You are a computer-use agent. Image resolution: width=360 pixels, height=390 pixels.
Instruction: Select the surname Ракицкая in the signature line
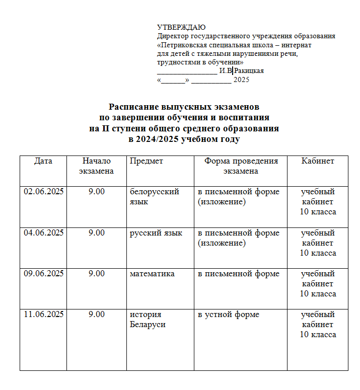click(x=246, y=71)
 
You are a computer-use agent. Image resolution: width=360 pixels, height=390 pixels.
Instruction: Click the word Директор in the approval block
click(x=172, y=36)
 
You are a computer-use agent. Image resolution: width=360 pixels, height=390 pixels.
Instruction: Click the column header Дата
click(x=43, y=161)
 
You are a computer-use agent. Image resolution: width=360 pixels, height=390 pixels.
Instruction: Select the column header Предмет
click(x=146, y=161)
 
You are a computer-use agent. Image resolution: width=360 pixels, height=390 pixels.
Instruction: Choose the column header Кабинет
click(x=318, y=161)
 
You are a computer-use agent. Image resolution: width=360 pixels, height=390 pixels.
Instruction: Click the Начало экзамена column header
click(x=96, y=166)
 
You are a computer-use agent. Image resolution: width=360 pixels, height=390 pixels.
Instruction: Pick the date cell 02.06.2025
click(x=44, y=192)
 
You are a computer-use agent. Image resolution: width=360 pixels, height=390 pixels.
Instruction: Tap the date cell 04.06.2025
click(x=44, y=233)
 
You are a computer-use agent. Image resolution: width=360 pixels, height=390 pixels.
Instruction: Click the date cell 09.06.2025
click(x=44, y=274)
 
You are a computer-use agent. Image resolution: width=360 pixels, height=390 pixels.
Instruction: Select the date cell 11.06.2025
click(x=44, y=315)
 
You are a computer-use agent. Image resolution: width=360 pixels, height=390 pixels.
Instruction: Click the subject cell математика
click(x=152, y=274)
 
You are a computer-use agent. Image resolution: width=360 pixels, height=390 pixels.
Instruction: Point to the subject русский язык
click(x=156, y=233)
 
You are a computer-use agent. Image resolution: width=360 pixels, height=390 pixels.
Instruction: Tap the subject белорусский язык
click(x=154, y=197)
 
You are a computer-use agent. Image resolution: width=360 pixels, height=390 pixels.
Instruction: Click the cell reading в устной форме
click(x=228, y=315)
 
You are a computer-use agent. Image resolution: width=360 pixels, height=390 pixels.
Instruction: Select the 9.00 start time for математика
click(x=96, y=274)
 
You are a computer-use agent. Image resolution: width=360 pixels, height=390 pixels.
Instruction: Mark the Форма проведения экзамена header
click(x=241, y=166)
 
